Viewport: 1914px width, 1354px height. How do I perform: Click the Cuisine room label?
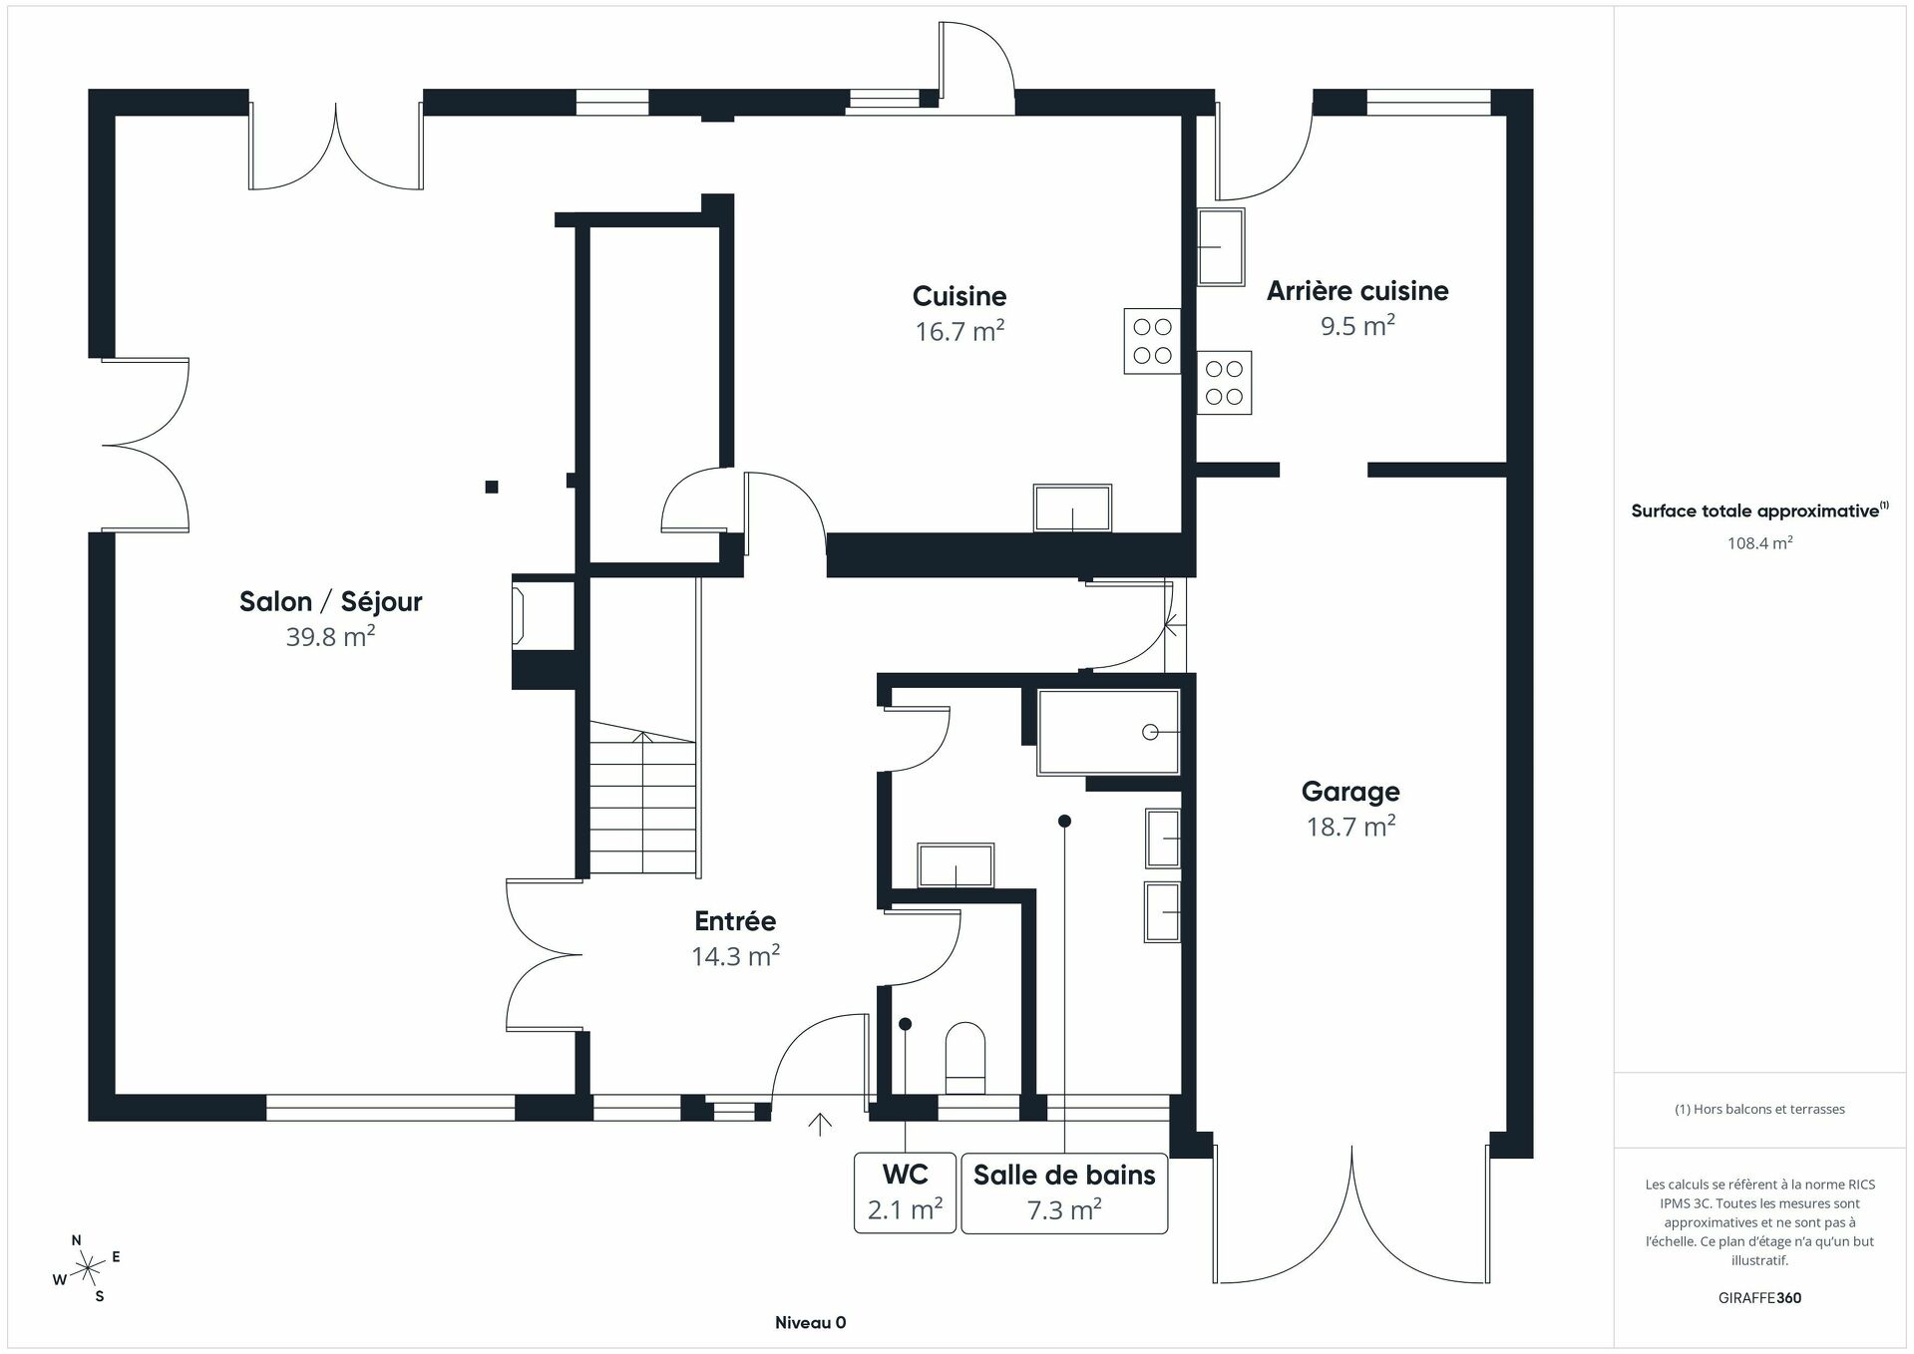pos(958,296)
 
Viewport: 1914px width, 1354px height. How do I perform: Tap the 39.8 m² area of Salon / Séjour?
pos(330,637)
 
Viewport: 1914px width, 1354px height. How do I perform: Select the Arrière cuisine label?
pos(1356,291)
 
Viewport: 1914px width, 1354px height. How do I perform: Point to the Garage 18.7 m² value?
pos(1350,827)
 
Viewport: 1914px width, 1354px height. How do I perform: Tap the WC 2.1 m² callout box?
pos(905,1192)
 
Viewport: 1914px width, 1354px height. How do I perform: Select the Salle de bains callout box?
pos(1063,1192)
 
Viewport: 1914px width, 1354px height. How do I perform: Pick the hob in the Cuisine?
pos(1152,341)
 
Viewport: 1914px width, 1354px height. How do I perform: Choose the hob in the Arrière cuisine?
pos(1224,383)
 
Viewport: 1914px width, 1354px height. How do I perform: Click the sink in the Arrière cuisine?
pos(1221,246)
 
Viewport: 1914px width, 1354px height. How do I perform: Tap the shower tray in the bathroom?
pos(1108,732)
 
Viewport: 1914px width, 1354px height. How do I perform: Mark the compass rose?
pos(88,1268)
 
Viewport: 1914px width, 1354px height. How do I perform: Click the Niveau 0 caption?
pos(810,1323)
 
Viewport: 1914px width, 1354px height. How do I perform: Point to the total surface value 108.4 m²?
pos(1759,543)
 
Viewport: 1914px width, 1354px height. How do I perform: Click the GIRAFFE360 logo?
pos(1759,1298)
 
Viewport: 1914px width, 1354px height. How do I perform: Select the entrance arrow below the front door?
pos(820,1124)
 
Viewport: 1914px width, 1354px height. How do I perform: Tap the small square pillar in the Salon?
pos(492,487)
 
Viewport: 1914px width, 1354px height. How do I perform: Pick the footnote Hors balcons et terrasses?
pos(1759,1109)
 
